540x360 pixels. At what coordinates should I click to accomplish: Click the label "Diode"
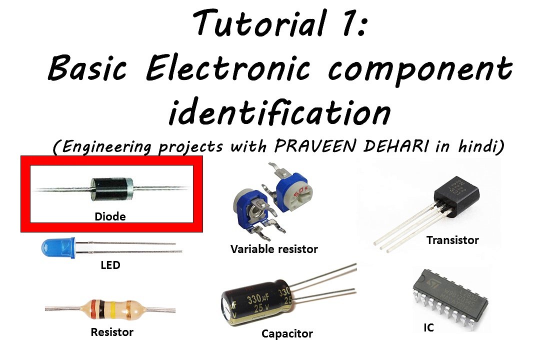click(110, 217)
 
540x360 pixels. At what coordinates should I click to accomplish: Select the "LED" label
click(110, 265)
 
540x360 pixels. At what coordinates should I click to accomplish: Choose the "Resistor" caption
click(112, 331)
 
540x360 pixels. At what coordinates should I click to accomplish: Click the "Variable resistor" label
click(274, 248)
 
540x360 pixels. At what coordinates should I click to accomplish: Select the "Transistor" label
click(452, 240)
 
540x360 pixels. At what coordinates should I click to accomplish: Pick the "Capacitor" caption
click(287, 333)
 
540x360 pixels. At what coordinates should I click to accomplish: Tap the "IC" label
click(428, 328)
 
